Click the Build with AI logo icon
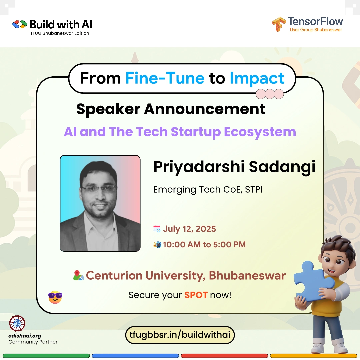point(20,24)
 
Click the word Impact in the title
point(257,79)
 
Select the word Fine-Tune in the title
point(165,78)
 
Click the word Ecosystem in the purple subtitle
point(260,132)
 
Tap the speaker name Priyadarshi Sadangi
point(234,167)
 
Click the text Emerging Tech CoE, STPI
point(208,190)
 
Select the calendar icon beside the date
point(157,229)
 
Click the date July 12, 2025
point(189,229)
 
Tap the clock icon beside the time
point(157,245)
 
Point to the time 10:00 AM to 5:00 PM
point(204,245)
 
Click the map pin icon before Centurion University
point(79,275)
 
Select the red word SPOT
point(196,295)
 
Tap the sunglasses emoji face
point(55,297)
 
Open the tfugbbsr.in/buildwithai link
point(180,335)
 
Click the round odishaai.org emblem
point(17,323)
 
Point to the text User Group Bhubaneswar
point(316,30)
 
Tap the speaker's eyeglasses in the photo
point(99,188)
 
